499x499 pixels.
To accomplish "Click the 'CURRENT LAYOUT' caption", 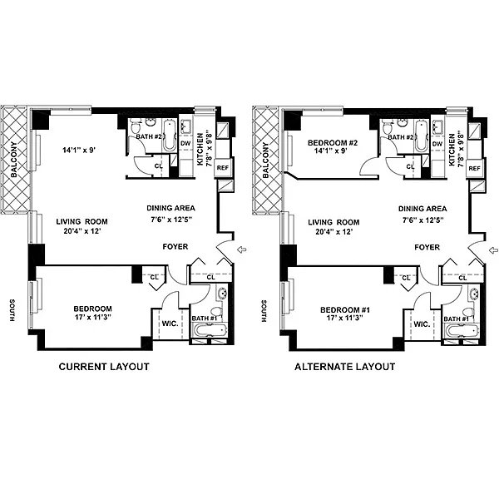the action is (104, 367).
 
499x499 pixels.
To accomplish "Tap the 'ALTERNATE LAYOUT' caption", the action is (345, 367).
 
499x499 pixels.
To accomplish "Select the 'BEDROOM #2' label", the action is (333, 143).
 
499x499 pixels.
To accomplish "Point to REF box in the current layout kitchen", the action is (222, 167).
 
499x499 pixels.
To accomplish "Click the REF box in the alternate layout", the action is (474, 168).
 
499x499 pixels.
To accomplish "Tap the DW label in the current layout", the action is (185, 144).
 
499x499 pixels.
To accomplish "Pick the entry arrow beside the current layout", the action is (242, 249).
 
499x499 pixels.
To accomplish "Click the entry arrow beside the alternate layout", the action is (493, 250).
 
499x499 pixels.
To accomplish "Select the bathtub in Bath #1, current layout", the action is (210, 330).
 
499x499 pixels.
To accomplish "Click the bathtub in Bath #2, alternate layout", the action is (421, 136).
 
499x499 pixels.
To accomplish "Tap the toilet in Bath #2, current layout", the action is (136, 126).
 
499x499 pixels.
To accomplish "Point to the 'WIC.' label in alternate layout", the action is (422, 324).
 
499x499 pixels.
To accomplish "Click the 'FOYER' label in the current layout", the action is (175, 247).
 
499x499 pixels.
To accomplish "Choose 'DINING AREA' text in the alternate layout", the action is (422, 209).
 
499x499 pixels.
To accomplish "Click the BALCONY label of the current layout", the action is (14, 160).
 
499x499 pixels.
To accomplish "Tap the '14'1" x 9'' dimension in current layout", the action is (79, 150).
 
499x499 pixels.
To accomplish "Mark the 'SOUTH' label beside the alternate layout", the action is (264, 311).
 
